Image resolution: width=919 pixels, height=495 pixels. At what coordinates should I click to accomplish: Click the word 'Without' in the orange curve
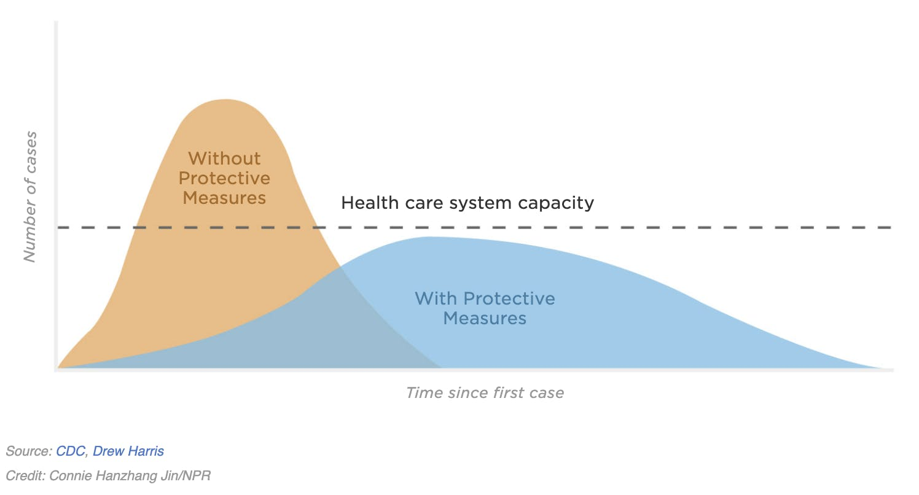pos(224,158)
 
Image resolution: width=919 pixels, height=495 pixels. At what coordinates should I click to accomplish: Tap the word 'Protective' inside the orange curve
pos(224,178)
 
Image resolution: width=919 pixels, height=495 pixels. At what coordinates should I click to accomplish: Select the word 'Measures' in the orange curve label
pos(224,198)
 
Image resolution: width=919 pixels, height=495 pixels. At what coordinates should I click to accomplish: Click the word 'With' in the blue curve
pos(436,299)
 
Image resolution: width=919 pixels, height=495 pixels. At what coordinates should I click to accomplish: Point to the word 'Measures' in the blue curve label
pos(485,319)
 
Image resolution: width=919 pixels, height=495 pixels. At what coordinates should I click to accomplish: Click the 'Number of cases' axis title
pos(29,197)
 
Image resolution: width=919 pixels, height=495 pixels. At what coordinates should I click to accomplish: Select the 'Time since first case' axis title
pos(485,392)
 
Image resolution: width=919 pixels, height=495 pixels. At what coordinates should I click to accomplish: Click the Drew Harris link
pos(128,451)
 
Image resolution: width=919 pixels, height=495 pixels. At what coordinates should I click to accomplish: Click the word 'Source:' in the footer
pos(28,451)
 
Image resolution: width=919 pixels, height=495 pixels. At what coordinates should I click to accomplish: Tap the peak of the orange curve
pos(226,99)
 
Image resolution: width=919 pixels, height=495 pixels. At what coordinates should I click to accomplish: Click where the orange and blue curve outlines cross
pos(340,266)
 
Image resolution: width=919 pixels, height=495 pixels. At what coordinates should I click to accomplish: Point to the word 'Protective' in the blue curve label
pos(509,299)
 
